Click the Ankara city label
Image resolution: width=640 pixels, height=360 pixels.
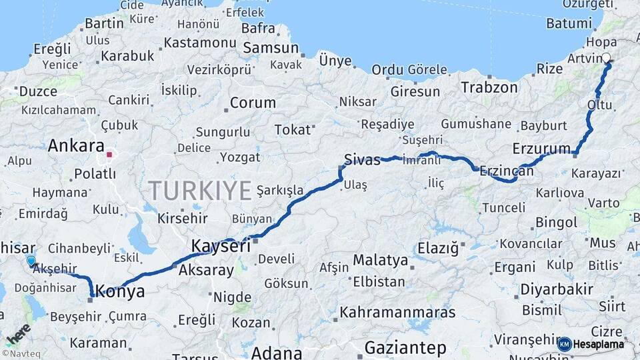pyautogui.click(x=76, y=145)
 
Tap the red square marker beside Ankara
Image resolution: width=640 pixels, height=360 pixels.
pyautogui.click(x=109, y=155)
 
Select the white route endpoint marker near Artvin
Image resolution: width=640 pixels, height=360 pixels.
pyautogui.click(x=607, y=58)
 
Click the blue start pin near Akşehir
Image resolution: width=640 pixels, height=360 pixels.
pyautogui.click(x=31, y=261)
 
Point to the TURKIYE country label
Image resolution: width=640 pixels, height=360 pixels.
pyautogui.click(x=200, y=191)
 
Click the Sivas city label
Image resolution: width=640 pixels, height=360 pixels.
pyautogui.click(x=362, y=159)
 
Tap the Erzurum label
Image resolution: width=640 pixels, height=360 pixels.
pyautogui.click(x=541, y=149)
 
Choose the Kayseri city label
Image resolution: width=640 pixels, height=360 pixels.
pyautogui.click(x=221, y=245)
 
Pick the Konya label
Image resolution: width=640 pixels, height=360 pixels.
pyautogui.click(x=120, y=291)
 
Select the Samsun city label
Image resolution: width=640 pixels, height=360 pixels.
pyautogui.click(x=271, y=48)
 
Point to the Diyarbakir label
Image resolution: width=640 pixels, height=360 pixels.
pyautogui.click(x=557, y=289)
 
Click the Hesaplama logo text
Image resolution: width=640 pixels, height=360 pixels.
pyautogui.click(x=599, y=345)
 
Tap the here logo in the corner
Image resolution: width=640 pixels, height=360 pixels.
pyautogui.click(x=18, y=333)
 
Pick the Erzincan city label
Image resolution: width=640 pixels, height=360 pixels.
pyautogui.click(x=507, y=172)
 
